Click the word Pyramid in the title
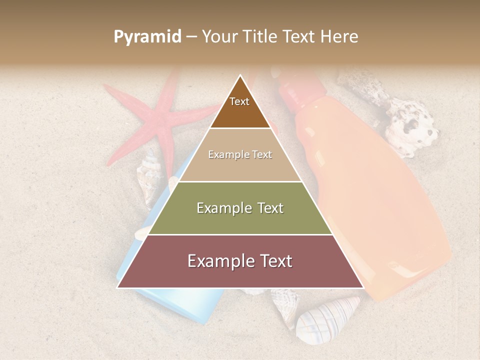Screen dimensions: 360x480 [x=147, y=36]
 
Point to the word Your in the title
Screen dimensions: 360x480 [x=220, y=36]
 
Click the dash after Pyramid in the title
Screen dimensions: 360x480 [x=191, y=36]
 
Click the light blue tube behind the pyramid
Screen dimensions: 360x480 [x=165, y=305]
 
